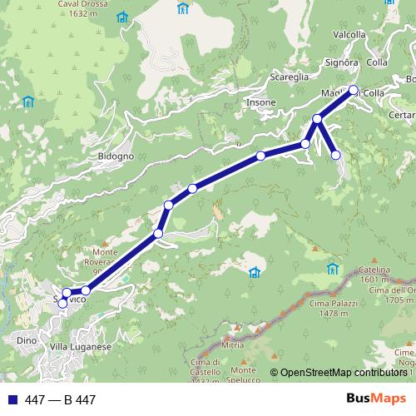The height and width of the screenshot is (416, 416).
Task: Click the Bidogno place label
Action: pos(116,156)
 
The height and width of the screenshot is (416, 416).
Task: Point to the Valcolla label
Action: pos(349,35)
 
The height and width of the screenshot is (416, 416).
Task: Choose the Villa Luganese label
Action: pos(80,346)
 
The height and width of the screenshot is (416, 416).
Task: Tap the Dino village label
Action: pos(26,340)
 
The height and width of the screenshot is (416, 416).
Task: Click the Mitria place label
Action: pos(233,344)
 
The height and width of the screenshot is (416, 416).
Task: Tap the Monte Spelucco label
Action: pos(243,375)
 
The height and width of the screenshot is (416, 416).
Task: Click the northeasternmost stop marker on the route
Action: pos(353,90)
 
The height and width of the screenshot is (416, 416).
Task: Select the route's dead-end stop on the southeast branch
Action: pos(336,155)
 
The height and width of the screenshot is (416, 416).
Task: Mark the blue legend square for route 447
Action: pos(11,400)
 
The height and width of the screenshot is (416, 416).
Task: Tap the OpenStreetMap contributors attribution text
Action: pos(344,372)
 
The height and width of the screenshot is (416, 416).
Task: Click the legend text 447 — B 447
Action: pos(61,400)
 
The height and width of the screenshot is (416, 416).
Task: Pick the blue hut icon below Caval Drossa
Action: pos(123,17)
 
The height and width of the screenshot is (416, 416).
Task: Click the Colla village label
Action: pos(376,62)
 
